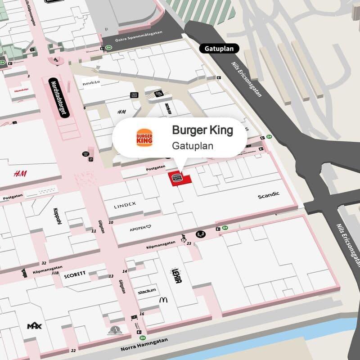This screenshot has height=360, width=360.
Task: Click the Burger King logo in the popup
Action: point(144,137)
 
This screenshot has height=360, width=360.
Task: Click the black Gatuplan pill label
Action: point(219,49)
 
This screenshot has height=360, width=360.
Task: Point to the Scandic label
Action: point(269,195)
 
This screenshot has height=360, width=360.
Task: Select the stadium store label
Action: point(147,291)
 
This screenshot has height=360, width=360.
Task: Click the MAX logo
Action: point(34,326)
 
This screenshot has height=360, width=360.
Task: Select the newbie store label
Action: point(90,83)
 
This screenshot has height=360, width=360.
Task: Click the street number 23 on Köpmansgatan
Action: point(189,243)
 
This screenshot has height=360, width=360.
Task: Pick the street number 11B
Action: point(55,273)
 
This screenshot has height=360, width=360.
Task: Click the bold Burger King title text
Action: point(202,130)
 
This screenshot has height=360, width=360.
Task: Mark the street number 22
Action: point(73,350)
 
